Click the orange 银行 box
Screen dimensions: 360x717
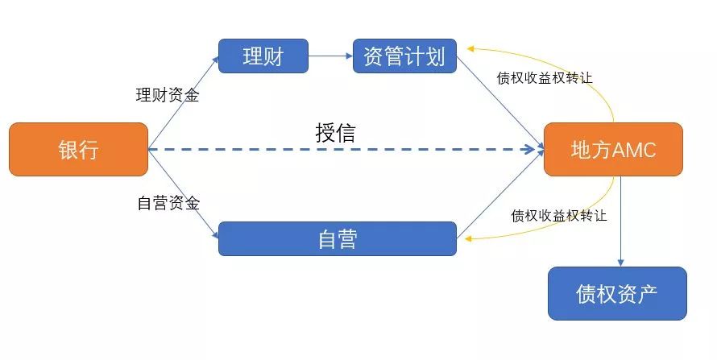pyautogui.click(x=78, y=149)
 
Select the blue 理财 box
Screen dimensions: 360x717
pyautogui.click(x=263, y=56)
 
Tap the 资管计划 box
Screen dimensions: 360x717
pyautogui.click(x=404, y=56)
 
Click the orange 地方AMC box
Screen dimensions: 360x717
pyautogui.click(x=613, y=149)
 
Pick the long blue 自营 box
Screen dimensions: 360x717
pyautogui.click(x=337, y=238)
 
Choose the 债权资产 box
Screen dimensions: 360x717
pyautogui.click(x=617, y=293)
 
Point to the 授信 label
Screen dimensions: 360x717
pyautogui.click(x=334, y=132)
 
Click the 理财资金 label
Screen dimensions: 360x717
pyautogui.click(x=167, y=95)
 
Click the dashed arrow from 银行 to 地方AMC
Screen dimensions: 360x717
pyautogui.click(x=346, y=150)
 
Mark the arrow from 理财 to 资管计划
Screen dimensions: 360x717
pyautogui.click(x=330, y=56)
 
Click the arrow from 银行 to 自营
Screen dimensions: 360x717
pyautogui.click(x=184, y=194)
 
